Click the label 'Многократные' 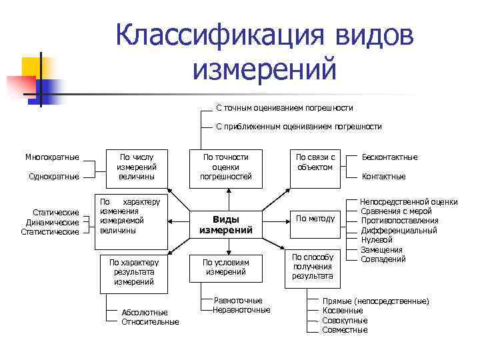tap(52, 157)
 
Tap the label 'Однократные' tap(53, 177)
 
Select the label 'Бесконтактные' tap(389, 157)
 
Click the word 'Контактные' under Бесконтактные tap(383, 177)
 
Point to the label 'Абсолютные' tap(145, 312)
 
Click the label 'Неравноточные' tap(241, 309)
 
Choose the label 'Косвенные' tap(343, 311)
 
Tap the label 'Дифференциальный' tap(399, 231)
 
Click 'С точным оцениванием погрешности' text tap(285, 108)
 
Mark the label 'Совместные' tap(345, 330)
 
